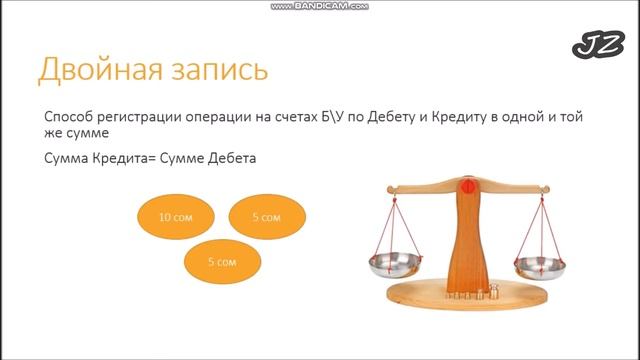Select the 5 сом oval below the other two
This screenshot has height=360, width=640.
click(221, 261)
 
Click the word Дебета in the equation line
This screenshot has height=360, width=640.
click(230, 157)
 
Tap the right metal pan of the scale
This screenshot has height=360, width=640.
click(539, 265)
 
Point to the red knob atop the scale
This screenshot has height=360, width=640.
click(465, 186)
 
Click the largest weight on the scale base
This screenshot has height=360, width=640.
click(492, 291)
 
